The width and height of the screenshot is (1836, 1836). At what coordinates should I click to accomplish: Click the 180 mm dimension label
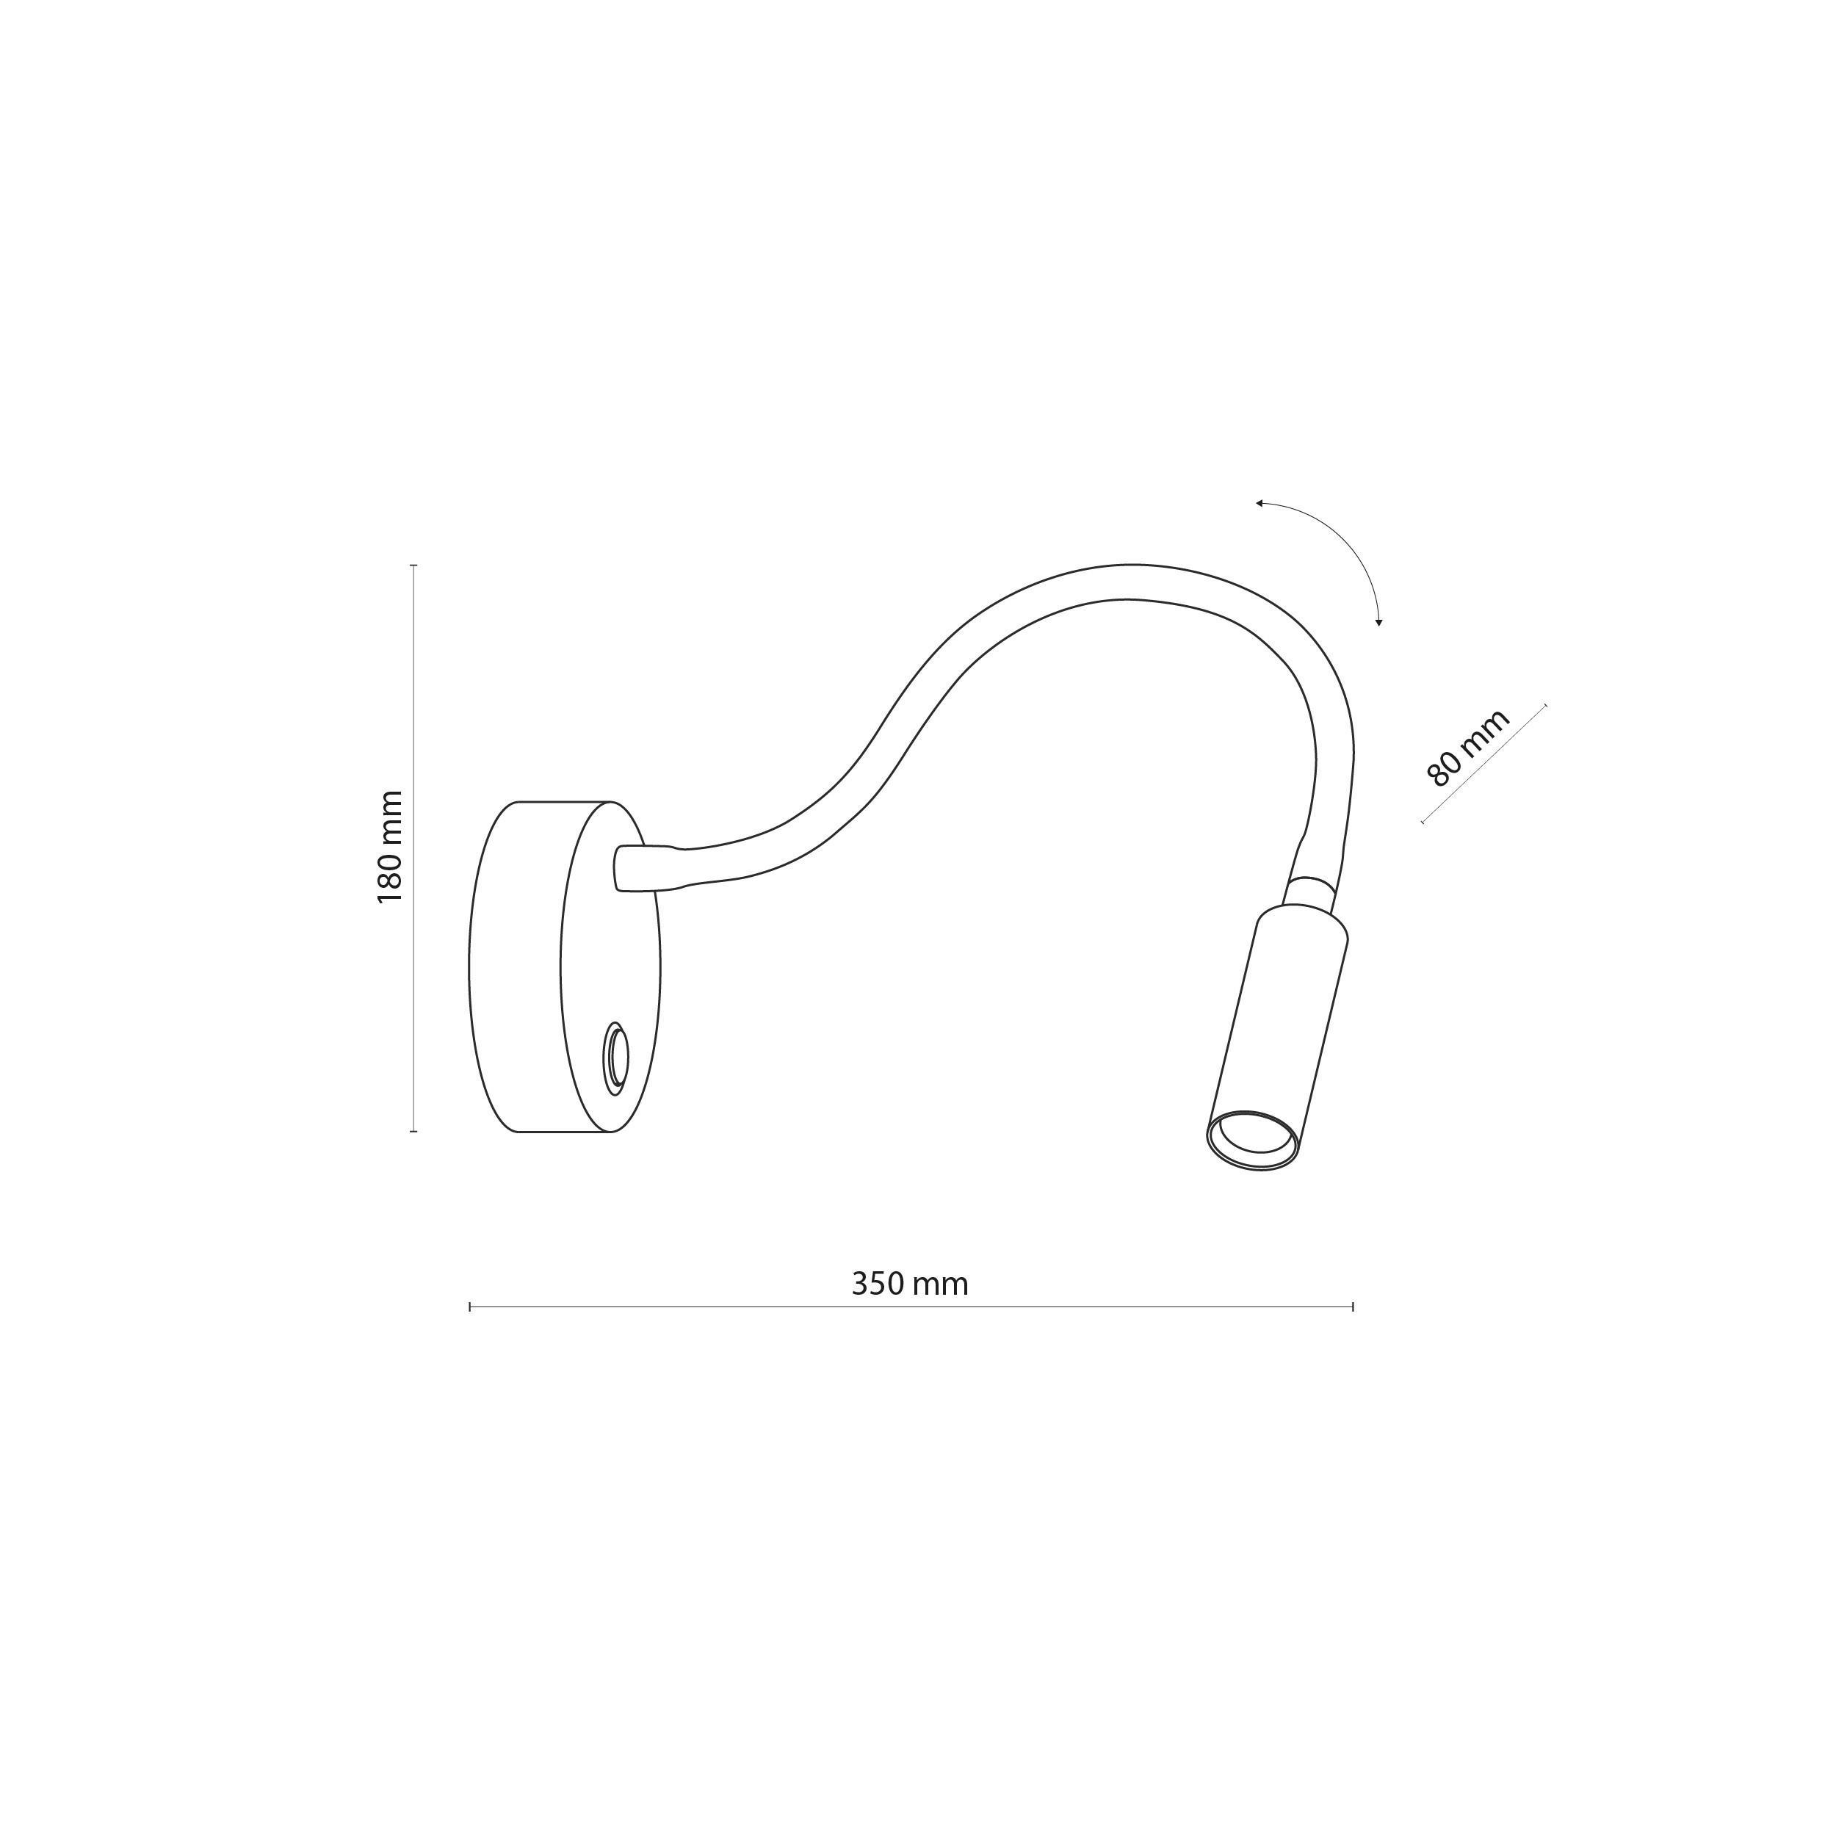click(x=391, y=847)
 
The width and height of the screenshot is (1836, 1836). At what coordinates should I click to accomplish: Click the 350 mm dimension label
click(x=909, y=1284)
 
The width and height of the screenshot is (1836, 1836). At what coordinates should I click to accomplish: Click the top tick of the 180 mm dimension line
click(x=413, y=565)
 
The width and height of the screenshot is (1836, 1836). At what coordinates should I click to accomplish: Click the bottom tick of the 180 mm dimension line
click(x=413, y=1131)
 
